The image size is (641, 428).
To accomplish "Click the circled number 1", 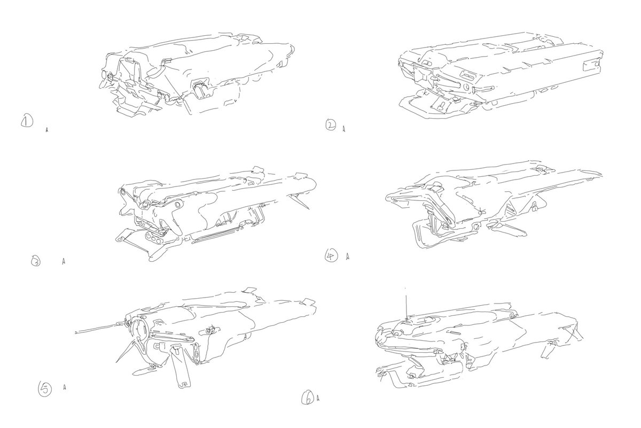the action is pos(27,121).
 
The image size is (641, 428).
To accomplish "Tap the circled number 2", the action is pos(331,126).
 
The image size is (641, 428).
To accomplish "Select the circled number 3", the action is pos(36,262).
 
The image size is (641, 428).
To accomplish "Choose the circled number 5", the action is pos(45,389).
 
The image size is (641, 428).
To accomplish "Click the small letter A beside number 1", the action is pos(47,130).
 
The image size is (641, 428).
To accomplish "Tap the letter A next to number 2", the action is pos(343,129).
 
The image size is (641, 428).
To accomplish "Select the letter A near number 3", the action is pos(64,261).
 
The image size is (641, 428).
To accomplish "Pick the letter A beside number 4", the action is pos(348,256).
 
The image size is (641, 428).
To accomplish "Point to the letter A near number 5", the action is pos(65,387).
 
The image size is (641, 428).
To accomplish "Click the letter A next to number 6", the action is pos(318,398).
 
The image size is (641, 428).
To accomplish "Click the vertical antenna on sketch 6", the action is pos(406,303).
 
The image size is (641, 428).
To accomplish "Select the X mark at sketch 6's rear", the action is pos(574,332).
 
